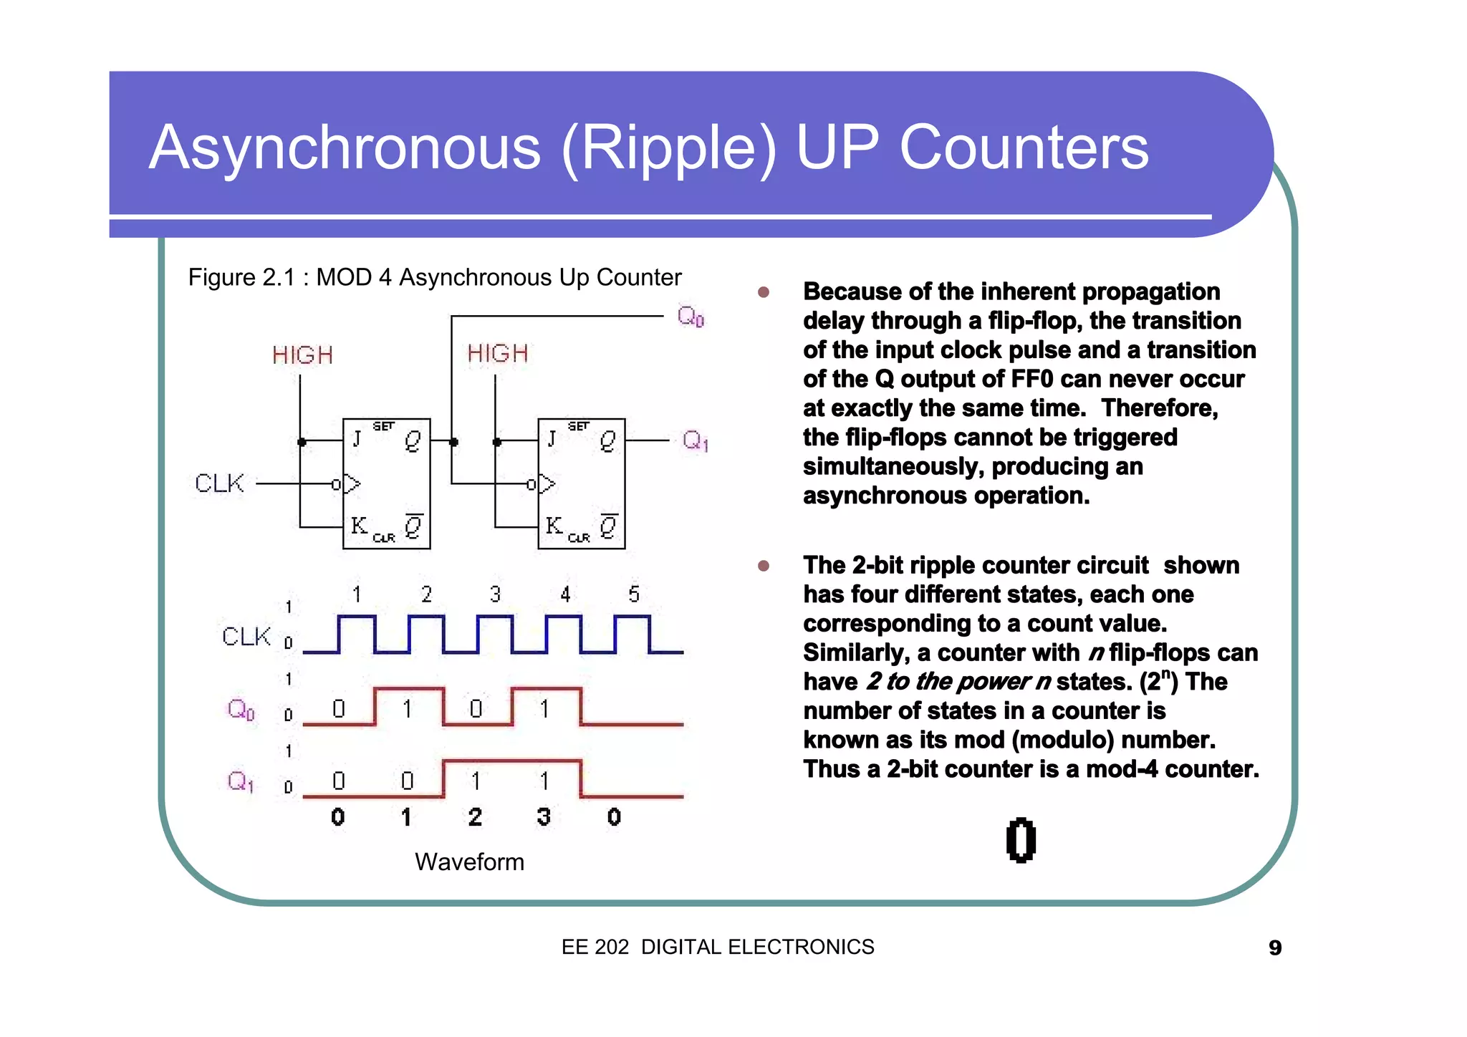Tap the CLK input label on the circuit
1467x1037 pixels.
219,483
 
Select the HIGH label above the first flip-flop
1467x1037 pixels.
302,355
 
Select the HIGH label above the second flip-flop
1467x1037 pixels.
498,354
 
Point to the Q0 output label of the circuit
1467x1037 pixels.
691,316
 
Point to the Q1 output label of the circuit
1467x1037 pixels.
695,440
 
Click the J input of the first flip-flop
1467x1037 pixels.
356,438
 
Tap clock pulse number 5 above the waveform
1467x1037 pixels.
633,594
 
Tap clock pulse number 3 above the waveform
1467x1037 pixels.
495,594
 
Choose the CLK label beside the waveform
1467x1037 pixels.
246,636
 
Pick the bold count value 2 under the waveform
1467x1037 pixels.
475,817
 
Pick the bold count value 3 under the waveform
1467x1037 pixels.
544,817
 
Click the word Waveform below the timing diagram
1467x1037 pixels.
469,862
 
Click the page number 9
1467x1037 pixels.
1275,948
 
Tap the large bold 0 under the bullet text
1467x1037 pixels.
1021,840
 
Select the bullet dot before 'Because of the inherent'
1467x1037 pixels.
764,292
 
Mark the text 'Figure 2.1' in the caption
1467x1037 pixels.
241,278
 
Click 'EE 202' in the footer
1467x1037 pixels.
595,947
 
